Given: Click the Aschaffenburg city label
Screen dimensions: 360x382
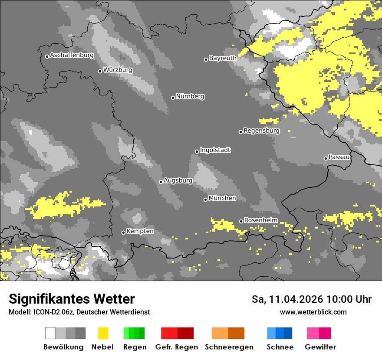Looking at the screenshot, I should (x=72, y=55).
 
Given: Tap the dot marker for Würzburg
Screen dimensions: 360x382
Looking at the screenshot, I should (x=100, y=71).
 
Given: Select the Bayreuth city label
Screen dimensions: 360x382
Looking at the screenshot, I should (x=223, y=58).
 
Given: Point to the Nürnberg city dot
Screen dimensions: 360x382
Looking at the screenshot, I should (x=173, y=98).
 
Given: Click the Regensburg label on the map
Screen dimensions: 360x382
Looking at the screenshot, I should (x=261, y=131).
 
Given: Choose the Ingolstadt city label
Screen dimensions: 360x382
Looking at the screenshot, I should (x=215, y=150).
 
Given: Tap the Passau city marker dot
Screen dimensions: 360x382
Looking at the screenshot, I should (x=326, y=158).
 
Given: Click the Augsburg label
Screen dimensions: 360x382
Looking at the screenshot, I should (x=178, y=180).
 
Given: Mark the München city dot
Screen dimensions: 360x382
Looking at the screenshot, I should (x=205, y=200).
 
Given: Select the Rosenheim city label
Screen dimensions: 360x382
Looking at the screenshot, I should (x=260, y=220).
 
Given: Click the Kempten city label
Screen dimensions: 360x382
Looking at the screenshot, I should (x=140, y=231).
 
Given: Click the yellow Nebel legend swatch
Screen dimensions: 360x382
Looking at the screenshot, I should (x=103, y=333).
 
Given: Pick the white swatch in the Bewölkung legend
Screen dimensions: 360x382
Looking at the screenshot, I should (x=50, y=333).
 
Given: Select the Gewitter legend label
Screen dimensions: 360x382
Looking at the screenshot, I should (x=320, y=347).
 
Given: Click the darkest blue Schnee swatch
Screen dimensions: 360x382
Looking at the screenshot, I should (x=288, y=333).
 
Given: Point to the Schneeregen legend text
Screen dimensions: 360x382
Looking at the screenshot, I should (x=229, y=347).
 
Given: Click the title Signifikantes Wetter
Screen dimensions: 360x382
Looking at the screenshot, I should (x=72, y=299).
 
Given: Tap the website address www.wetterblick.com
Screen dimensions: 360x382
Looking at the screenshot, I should (x=313, y=312).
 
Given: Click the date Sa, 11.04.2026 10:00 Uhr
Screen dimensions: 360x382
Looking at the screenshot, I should (x=311, y=299).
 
